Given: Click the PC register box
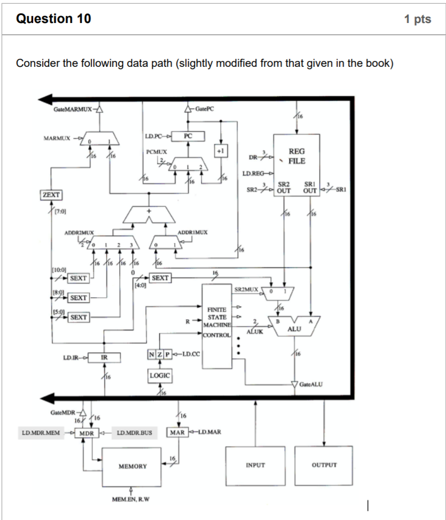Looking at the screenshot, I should pyautogui.click(x=187, y=137).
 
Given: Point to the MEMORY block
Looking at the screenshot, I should pyautogui.click(x=132, y=466).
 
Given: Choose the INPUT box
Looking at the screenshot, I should pyautogui.click(x=255, y=465).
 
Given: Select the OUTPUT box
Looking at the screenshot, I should pyautogui.click(x=324, y=465).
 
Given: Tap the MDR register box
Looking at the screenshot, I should pyautogui.click(x=86, y=432).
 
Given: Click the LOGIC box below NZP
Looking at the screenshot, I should pyautogui.click(x=160, y=376).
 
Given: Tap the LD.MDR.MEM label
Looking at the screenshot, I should pyautogui.click(x=40, y=432).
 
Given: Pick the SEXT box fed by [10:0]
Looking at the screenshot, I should pyautogui.click(x=79, y=278).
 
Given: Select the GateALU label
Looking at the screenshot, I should pyautogui.click(x=313, y=384).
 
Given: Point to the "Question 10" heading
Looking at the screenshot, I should pyautogui.click(x=53, y=19).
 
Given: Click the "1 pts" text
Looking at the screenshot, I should pyautogui.click(x=417, y=19).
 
